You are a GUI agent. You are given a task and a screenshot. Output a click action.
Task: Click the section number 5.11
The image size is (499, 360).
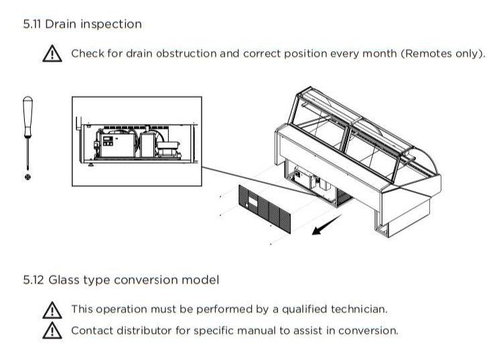[x=32, y=24]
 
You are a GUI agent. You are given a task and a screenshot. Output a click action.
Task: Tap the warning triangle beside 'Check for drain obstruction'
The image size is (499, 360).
[x=52, y=54]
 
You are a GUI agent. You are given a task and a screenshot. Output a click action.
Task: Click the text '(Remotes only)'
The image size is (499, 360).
[x=443, y=53]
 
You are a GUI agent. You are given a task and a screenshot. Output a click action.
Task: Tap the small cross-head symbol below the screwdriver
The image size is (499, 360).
[x=27, y=176]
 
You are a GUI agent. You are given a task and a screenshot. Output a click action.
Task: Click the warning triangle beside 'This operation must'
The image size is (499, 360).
[x=52, y=310]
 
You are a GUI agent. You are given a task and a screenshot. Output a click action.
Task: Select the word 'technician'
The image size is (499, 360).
[x=358, y=309]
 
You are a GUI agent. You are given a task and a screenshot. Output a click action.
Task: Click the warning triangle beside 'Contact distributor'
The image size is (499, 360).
[x=52, y=331]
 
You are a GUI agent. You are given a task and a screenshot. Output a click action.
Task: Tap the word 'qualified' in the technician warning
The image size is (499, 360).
[x=304, y=309]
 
